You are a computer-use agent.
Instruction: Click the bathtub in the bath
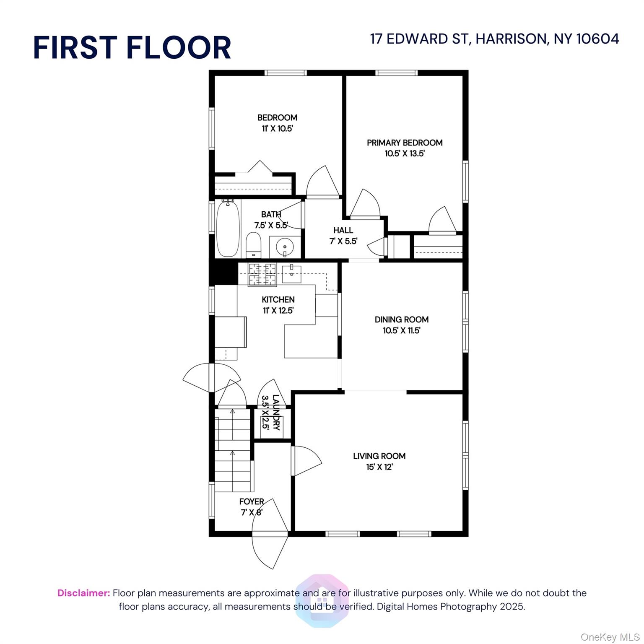228,229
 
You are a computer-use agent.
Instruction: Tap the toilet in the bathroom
253,246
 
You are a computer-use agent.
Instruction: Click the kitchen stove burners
262,274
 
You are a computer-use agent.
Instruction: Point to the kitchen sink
291,274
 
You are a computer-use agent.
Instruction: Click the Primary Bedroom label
405,143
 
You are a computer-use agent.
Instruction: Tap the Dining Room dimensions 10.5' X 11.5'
401,330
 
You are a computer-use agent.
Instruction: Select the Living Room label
379,456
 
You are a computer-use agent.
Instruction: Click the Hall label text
343,230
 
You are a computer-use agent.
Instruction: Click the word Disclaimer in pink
83,593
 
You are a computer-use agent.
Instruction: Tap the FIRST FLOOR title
132,47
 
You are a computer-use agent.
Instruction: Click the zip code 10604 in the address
597,39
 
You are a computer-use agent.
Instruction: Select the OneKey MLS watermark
610,637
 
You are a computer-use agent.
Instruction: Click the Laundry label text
275,413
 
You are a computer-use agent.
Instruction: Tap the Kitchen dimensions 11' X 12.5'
278,311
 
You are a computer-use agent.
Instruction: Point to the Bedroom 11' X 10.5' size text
277,129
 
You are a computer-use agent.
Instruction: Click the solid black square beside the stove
223,272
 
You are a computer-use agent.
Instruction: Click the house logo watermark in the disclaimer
322,600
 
